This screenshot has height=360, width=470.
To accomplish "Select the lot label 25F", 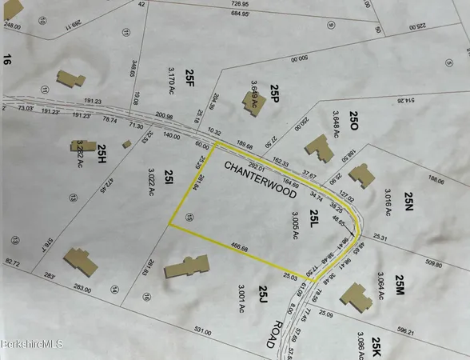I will click(x=189, y=74).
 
